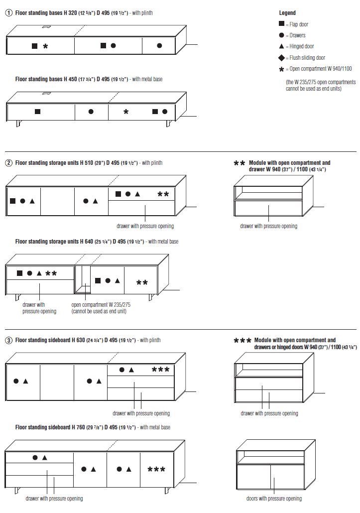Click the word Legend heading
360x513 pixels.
pyautogui.click(x=287, y=13)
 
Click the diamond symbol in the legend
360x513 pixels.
pyautogui.click(x=282, y=58)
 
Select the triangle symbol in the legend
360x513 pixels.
pyautogui.click(x=282, y=46)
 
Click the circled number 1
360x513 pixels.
pyautogui.click(x=9, y=13)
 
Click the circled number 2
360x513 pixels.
pyautogui.click(x=9, y=163)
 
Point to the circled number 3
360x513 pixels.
pyautogui.click(x=9, y=340)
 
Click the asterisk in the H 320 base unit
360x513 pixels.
pyautogui.click(x=46, y=46)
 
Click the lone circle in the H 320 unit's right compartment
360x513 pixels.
pyautogui.click(x=159, y=46)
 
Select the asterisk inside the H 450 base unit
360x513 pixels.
pyautogui.click(x=126, y=112)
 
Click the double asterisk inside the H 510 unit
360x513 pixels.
pyautogui.click(x=163, y=194)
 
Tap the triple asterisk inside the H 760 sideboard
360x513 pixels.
pyautogui.click(x=156, y=469)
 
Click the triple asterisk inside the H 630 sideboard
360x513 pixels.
pyautogui.click(x=160, y=370)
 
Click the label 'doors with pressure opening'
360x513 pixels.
pyautogui.click(x=274, y=499)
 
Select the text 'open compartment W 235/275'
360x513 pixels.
pyautogui.click(x=101, y=305)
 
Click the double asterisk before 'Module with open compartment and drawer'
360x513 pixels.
pyautogui.click(x=240, y=163)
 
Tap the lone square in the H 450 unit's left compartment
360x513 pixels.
pyautogui.click(x=38, y=112)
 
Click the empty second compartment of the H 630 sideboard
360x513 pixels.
pyautogui.click(x=57, y=382)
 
